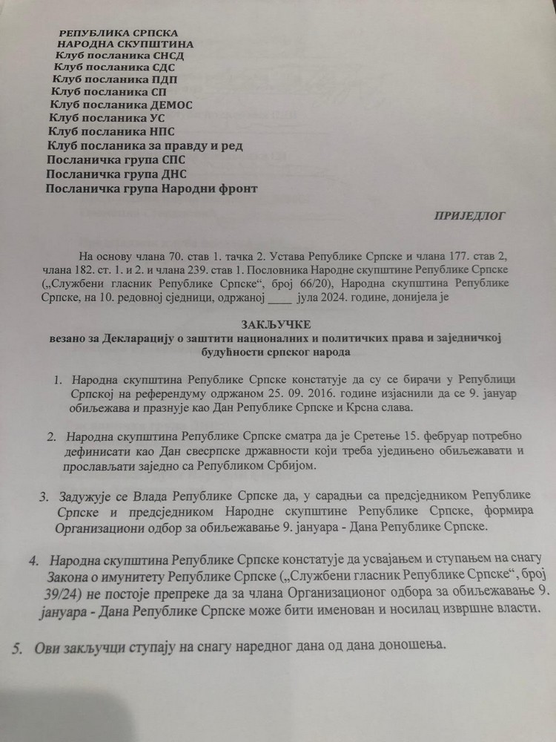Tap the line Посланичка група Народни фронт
coord(152,188)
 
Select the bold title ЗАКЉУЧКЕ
coord(277,325)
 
